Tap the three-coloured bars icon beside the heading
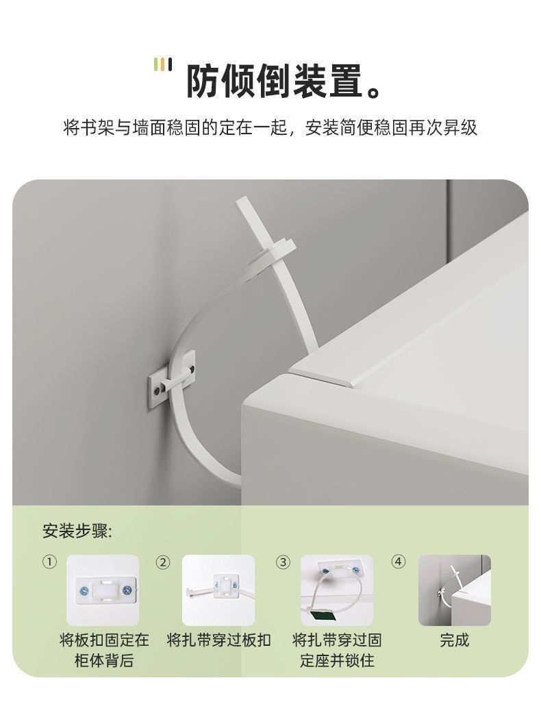pyautogui.click(x=163, y=64)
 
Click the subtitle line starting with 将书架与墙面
pyautogui.click(x=270, y=127)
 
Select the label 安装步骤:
pyautogui.click(x=77, y=531)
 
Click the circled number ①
pyautogui.click(x=50, y=562)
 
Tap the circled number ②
pyautogui.click(x=163, y=562)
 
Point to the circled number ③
pyautogui.click(x=283, y=562)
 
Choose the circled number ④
pyautogui.click(x=399, y=562)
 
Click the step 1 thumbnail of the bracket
pyautogui.click(x=103, y=590)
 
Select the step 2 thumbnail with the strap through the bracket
pyautogui.click(x=218, y=590)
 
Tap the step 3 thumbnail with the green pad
pyautogui.click(x=337, y=590)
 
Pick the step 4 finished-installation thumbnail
pyautogui.click(x=455, y=590)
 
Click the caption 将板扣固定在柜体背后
pyautogui.click(x=104, y=650)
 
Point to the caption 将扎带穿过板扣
pyautogui.click(x=218, y=640)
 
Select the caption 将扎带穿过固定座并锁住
pyautogui.click(x=337, y=650)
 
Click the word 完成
pyautogui.click(x=455, y=640)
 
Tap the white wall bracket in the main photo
pyautogui.click(x=172, y=380)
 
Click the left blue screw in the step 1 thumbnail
pyautogui.click(x=84, y=591)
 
